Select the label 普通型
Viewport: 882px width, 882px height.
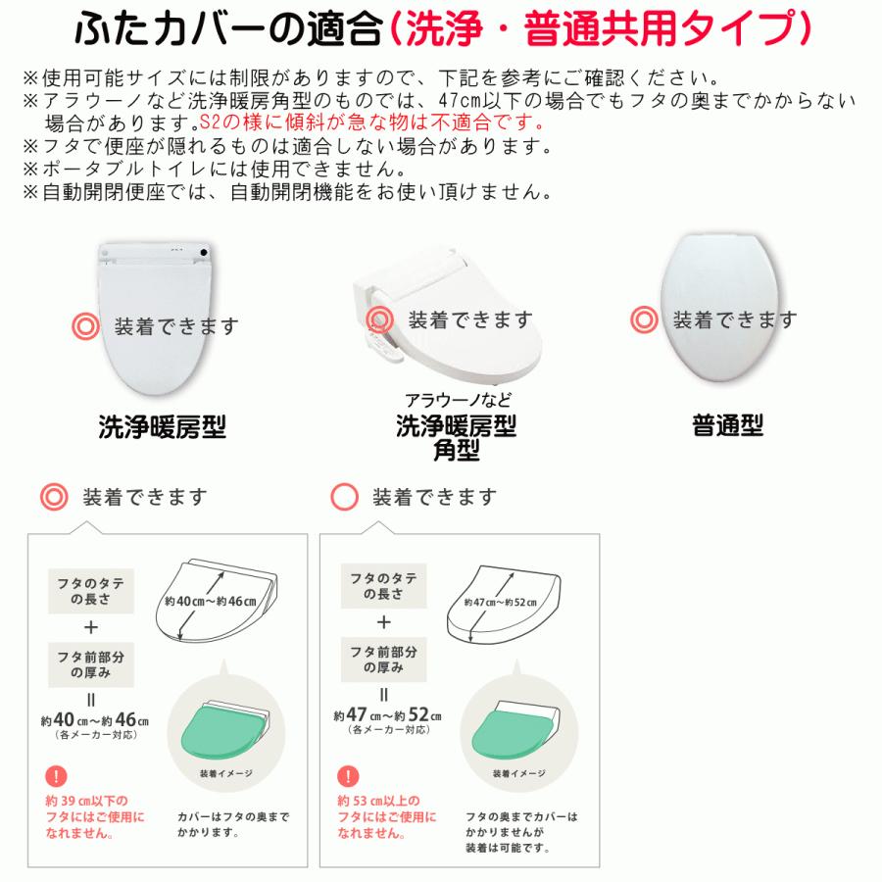726,426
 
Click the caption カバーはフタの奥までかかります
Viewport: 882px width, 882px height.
220,823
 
